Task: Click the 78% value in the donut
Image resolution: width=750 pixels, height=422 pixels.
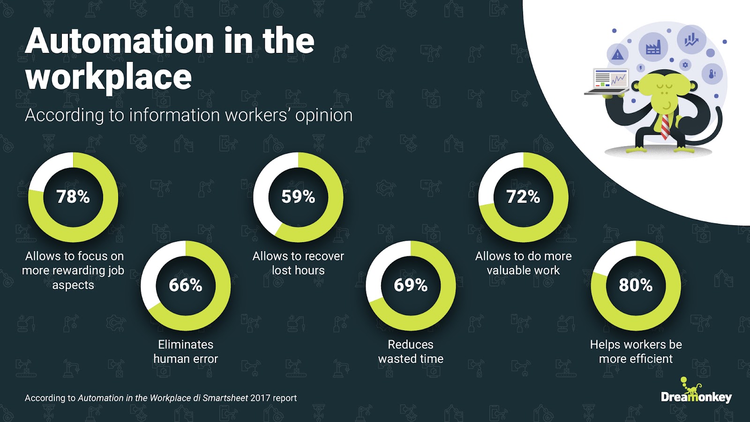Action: (73, 197)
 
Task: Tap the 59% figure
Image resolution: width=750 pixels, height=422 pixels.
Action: (298, 197)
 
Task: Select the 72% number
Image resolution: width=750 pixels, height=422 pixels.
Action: (523, 197)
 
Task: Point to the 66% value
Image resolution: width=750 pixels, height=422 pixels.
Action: (186, 285)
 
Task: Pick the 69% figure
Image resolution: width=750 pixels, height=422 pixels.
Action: (411, 285)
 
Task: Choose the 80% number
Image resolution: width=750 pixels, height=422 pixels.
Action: (636, 285)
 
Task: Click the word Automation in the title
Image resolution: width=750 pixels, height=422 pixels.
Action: (119, 41)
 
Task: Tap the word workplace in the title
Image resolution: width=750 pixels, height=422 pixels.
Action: (108, 78)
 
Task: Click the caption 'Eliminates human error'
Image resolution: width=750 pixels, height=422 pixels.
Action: (186, 351)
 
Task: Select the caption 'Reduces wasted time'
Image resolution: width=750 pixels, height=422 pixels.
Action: (411, 351)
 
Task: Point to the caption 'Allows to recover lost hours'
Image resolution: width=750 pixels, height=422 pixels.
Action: (298, 263)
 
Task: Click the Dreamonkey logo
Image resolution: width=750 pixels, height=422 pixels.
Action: (697, 391)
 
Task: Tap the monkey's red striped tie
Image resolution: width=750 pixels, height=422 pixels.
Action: (665, 126)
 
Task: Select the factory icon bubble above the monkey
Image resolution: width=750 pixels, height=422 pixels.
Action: (653, 47)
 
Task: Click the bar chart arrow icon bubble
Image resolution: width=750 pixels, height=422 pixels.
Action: (691, 40)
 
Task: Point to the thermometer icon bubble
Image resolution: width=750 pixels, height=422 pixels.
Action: (712, 74)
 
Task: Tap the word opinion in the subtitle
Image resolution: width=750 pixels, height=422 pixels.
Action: (324, 116)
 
